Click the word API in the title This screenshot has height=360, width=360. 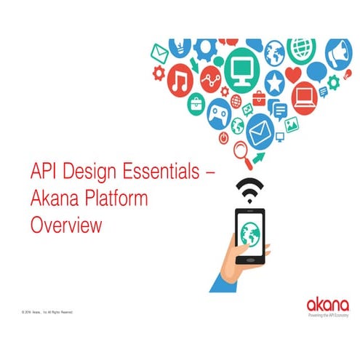pos(44,174)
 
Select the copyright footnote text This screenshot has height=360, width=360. pos(48,311)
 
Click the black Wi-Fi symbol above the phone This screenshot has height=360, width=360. pos(249,191)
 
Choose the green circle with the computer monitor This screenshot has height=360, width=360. pos(240,69)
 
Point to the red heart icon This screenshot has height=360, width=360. pos(293,74)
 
